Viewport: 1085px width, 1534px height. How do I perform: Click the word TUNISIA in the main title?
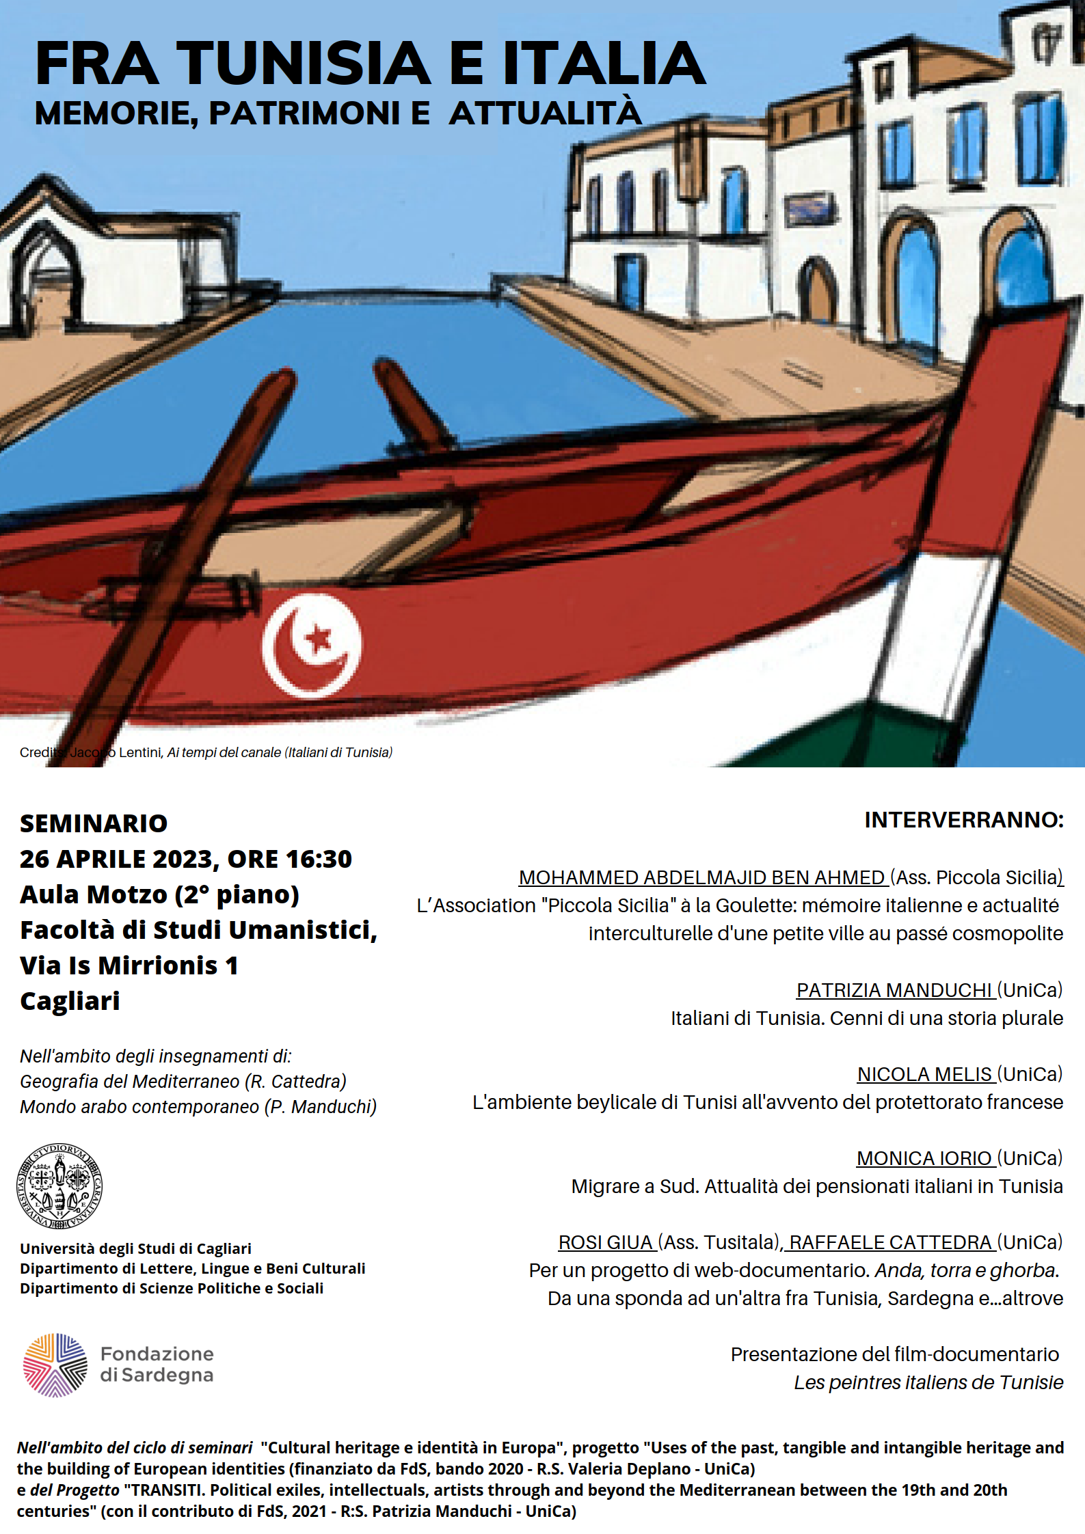pos(304,64)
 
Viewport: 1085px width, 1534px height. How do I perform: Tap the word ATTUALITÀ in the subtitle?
pos(545,113)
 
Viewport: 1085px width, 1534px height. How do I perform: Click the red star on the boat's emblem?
pos(318,639)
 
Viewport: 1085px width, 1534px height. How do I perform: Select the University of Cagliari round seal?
pos(59,1186)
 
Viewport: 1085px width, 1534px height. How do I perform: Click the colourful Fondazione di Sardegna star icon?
pos(55,1365)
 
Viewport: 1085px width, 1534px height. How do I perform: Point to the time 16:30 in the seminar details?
pos(318,859)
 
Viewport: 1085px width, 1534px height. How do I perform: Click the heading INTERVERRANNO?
pos(963,819)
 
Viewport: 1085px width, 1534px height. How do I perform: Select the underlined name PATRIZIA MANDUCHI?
pos(894,989)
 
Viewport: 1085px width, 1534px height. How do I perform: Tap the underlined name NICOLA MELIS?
pos(924,1073)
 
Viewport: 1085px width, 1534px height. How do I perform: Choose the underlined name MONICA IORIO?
pos(924,1158)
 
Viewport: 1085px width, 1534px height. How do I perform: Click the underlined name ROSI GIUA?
pos(605,1242)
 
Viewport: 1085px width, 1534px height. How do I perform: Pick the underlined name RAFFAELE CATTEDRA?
pos(889,1242)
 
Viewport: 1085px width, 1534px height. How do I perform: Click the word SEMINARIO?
pos(94,823)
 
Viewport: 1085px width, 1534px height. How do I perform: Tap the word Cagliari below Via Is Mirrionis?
pos(70,1001)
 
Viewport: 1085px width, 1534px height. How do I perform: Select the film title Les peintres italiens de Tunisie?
pos(928,1382)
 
